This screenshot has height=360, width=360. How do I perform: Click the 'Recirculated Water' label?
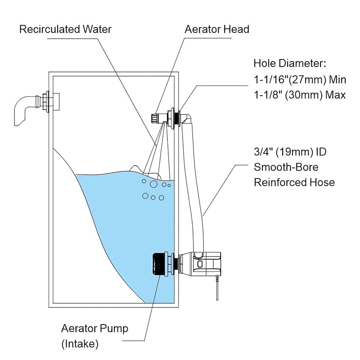point(65,30)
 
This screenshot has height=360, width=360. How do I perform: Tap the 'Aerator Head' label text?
point(216,30)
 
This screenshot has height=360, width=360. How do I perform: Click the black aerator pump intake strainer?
point(158,265)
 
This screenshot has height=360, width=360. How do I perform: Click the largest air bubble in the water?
point(153,184)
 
